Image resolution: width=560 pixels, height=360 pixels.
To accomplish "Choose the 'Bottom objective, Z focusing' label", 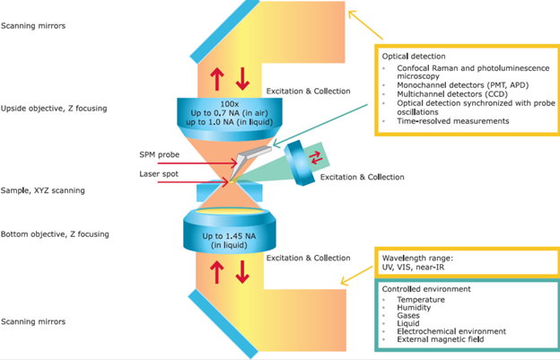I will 56,234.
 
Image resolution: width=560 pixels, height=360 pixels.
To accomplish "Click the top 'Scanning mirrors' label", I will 33,26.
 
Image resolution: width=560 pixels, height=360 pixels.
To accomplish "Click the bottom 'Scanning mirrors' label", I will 33,320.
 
